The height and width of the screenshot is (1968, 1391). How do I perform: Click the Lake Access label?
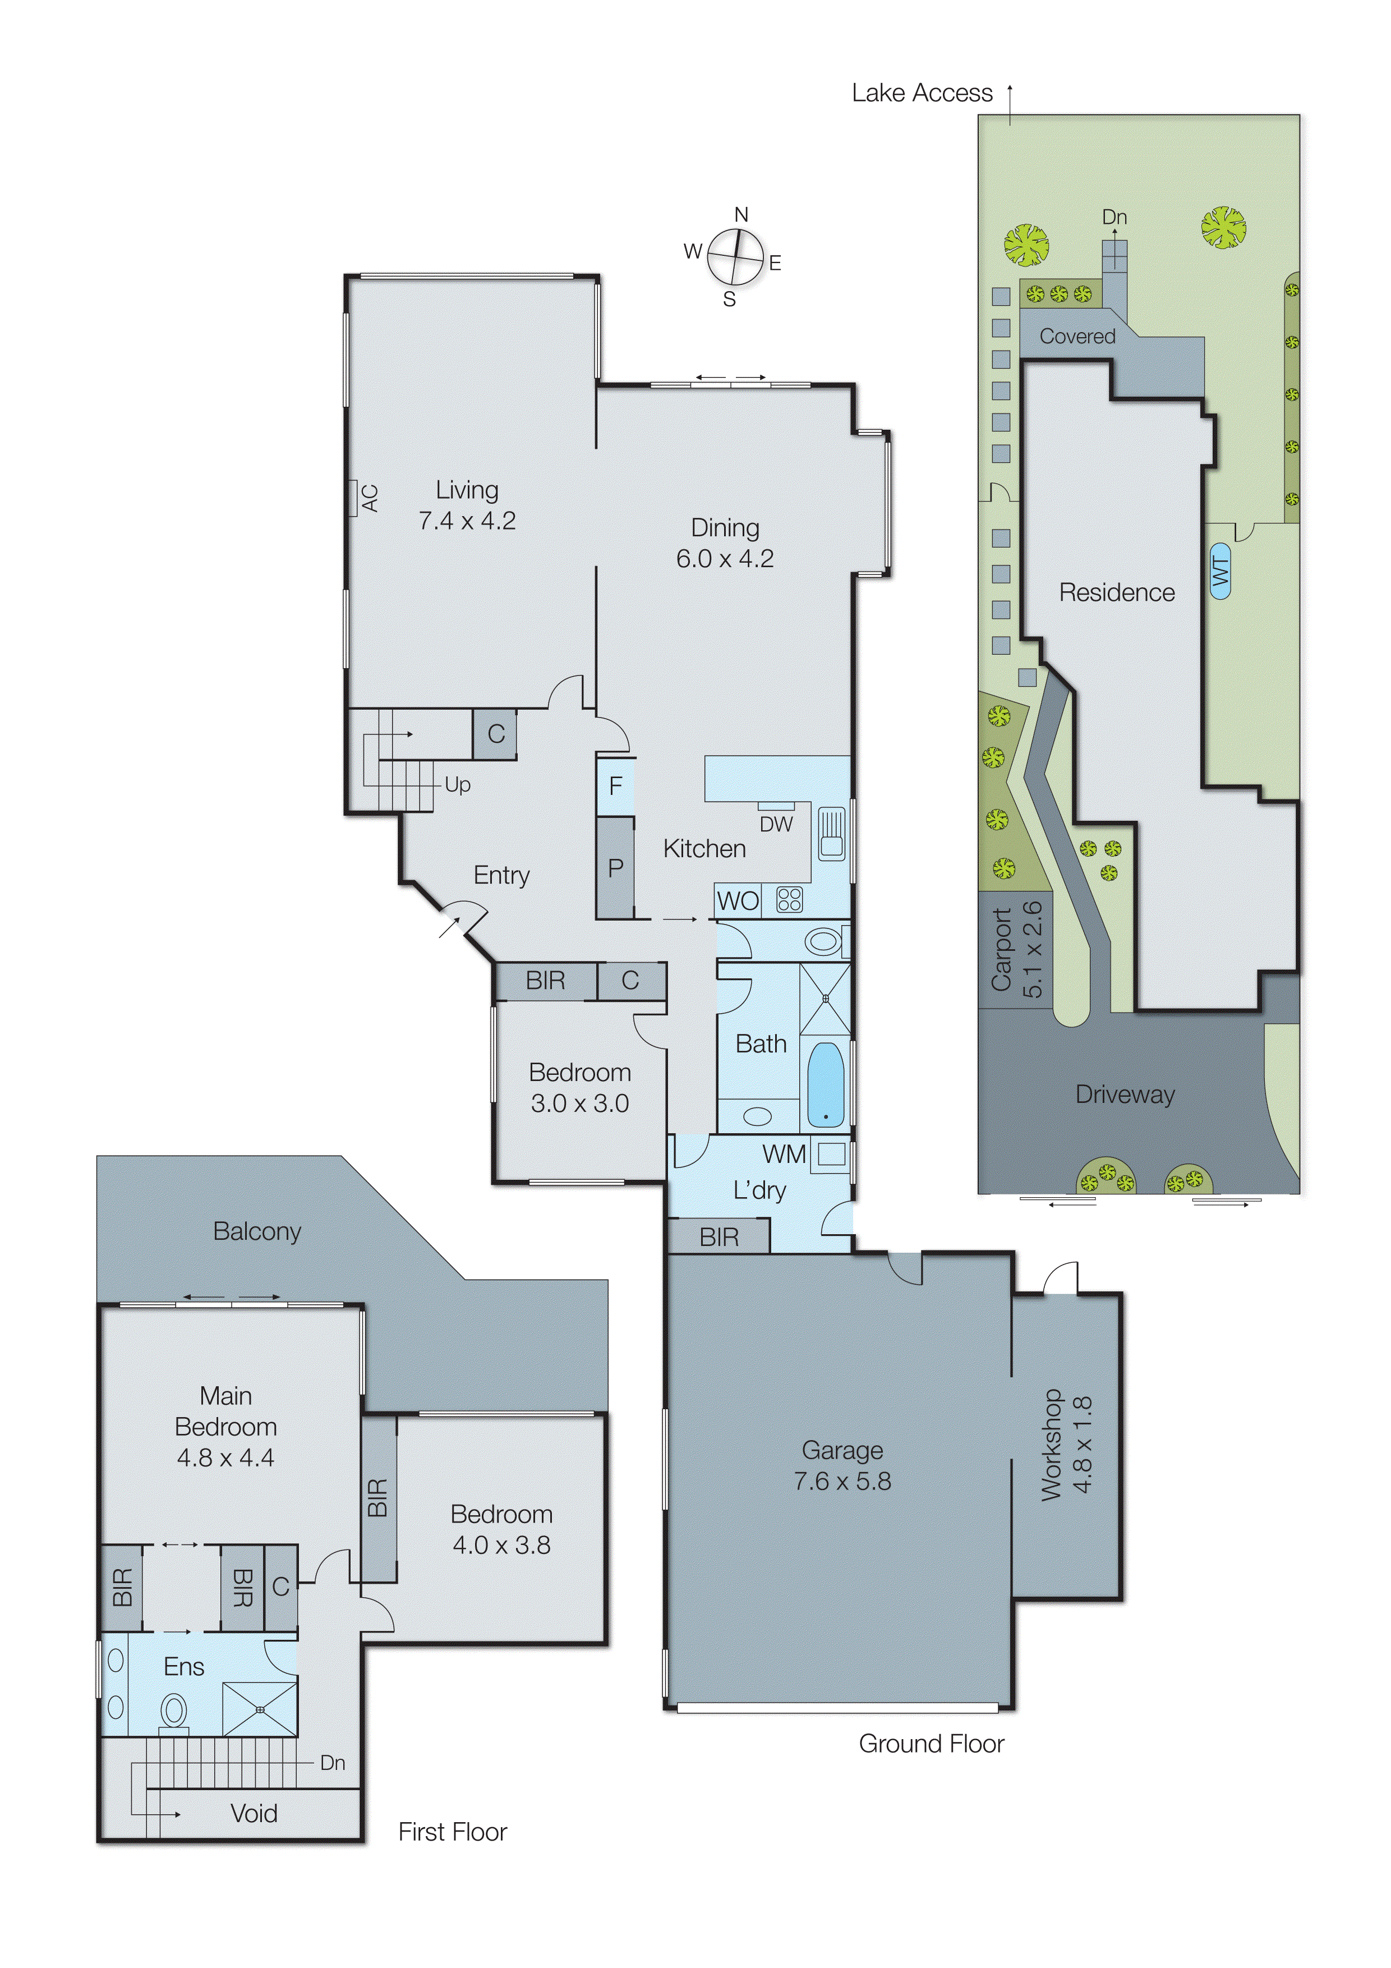tap(922, 93)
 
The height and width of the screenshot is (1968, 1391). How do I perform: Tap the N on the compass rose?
tap(741, 214)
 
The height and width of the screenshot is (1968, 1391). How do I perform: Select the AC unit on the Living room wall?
tap(352, 498)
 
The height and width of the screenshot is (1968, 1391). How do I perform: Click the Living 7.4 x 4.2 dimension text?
tap(467, 520)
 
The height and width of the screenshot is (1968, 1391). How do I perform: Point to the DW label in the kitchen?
tap(776, 824)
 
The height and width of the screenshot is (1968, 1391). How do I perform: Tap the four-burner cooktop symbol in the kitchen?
tap(789, 900)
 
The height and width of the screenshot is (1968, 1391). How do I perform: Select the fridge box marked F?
tap(615, 786)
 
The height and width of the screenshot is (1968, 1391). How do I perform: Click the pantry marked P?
tap(615, 867)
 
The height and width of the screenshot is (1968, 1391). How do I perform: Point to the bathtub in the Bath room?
tap(825, 1084)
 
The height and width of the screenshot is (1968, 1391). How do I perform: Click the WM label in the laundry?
tap(784, 1154)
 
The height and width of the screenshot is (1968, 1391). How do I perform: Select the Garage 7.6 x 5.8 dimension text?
tap(842, 1480)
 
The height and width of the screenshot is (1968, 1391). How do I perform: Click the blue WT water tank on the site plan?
tap(1219, 570)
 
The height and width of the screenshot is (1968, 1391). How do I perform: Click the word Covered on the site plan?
tap(1077, 336)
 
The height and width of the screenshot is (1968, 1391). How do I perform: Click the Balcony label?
tap(257, 1232)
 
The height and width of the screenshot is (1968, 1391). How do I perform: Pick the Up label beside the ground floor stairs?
tap(457, 784)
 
